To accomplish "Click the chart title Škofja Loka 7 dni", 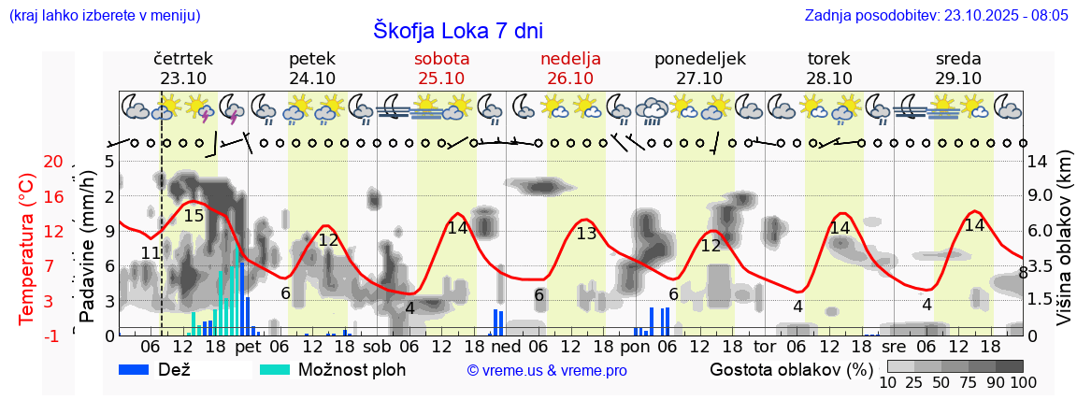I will point(457,30).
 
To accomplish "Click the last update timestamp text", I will point(936,15).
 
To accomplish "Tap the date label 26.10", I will point(570,79).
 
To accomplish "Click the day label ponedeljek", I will point(700,59).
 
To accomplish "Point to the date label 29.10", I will point(958,79).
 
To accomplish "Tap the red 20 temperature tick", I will point(53,162).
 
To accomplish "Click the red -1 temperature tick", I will point(54,335).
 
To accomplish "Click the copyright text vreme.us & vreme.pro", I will point(547,370).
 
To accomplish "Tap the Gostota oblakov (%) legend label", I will point(790,369).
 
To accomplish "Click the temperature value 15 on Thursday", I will point(194,216).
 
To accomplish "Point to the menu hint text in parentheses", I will point(104,15).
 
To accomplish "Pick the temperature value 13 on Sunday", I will point(586,234).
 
